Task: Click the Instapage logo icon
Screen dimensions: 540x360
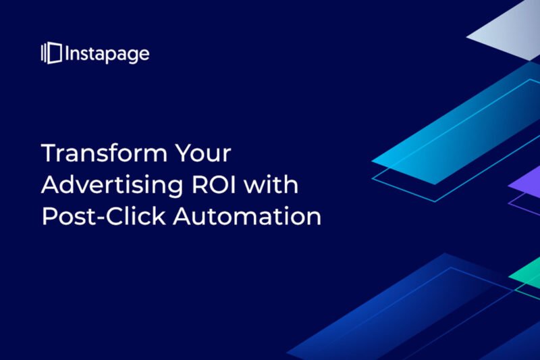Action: (51, 53)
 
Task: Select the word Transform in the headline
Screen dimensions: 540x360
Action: (103, 153)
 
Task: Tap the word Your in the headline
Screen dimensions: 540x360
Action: (203, 153)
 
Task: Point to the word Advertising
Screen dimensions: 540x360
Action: (112, 184)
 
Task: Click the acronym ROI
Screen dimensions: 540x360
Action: (213, 184)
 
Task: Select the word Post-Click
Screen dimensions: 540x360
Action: (104, 216)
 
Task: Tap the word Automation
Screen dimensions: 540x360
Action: (247, 216)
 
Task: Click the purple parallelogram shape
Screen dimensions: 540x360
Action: (528, 185)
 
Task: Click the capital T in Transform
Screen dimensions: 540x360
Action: (49, 153)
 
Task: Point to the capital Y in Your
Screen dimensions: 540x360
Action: (183, 153)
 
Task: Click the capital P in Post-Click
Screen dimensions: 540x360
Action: (49, 216)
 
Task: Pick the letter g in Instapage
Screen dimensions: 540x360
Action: (132, 57)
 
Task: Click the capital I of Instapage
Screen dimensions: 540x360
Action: (67, 53)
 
